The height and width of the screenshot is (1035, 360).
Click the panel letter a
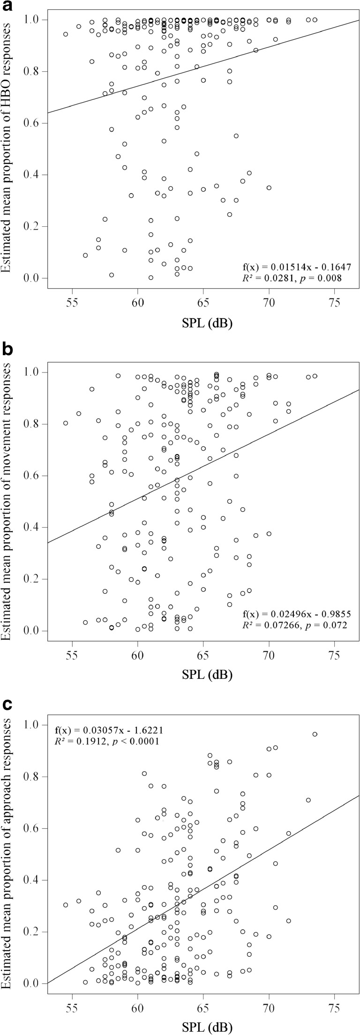(6, 6)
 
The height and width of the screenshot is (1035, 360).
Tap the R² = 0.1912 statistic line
(107, 741)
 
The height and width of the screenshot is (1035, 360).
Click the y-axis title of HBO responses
(10, 150)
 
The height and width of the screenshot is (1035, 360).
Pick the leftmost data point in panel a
(66, 34)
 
